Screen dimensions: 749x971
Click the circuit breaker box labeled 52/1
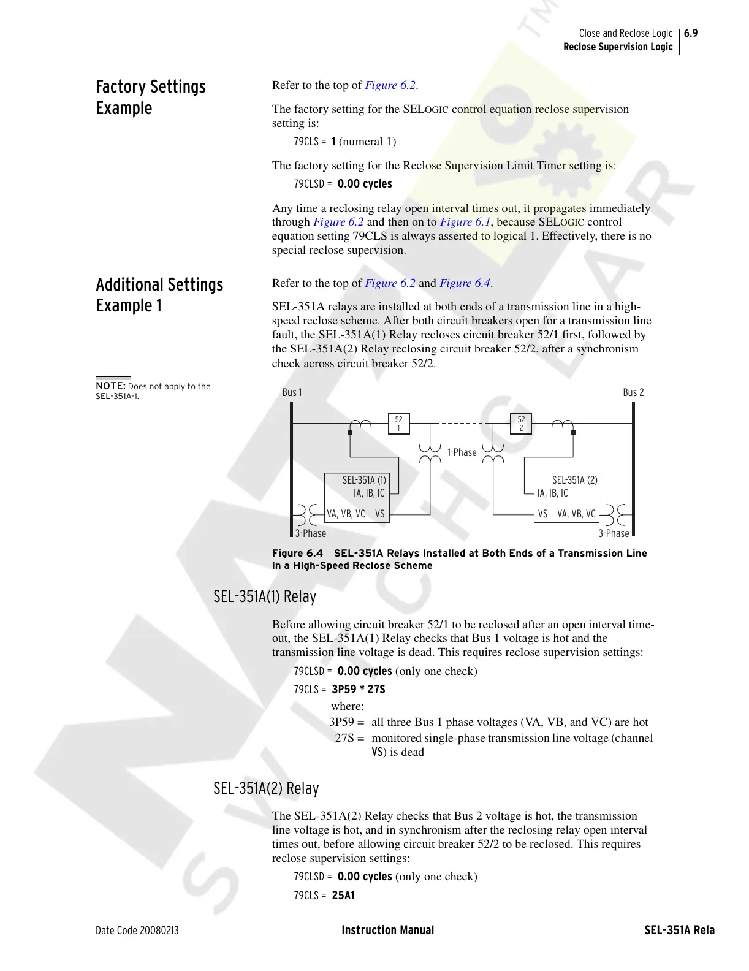[x=398, y=423]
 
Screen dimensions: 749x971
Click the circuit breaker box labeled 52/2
[x=521, y=423]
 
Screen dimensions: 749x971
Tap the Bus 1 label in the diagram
[x=292, y=392]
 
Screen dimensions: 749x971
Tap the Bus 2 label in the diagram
[x=633, y=392]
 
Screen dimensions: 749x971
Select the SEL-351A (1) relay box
[x=357, y=497]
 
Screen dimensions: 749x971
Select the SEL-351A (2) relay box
[x=566, y=497]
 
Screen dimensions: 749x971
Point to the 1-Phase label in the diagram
[x=462, y=452]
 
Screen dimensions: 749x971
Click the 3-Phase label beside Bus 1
[x=311, y=533]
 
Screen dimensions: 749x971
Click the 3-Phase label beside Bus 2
[x=614, y=533]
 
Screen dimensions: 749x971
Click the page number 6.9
[x=691, y=33]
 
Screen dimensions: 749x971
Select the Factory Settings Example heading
[x=150, y=97]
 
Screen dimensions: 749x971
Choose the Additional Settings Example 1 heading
[x=159, y=295]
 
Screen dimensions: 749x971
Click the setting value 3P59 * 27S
[x=359, y=690]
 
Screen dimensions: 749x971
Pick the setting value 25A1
[x=343, y=896]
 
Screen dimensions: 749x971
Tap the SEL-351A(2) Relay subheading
[x=266, y=788]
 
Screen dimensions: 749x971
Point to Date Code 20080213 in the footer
[x=137, y=931]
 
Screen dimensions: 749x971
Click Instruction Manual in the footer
[x=387, y=931]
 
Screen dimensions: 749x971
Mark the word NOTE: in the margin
[x=110, y=386]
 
